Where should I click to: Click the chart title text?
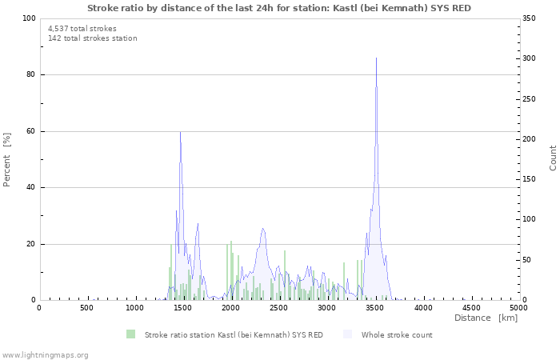278,8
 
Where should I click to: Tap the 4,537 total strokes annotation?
82,29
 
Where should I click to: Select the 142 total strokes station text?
93,38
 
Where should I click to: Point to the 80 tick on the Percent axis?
30,75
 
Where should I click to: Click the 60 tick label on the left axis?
30,131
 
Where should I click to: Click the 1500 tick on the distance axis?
182,308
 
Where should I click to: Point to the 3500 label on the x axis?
374,308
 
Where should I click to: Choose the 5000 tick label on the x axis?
518,308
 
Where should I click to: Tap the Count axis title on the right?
553,158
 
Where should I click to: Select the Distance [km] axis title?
486,318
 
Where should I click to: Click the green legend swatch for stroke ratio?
130,334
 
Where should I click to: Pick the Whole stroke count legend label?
397,335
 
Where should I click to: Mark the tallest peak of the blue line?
376,58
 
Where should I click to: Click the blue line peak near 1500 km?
180,132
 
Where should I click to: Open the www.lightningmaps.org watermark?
45,355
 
